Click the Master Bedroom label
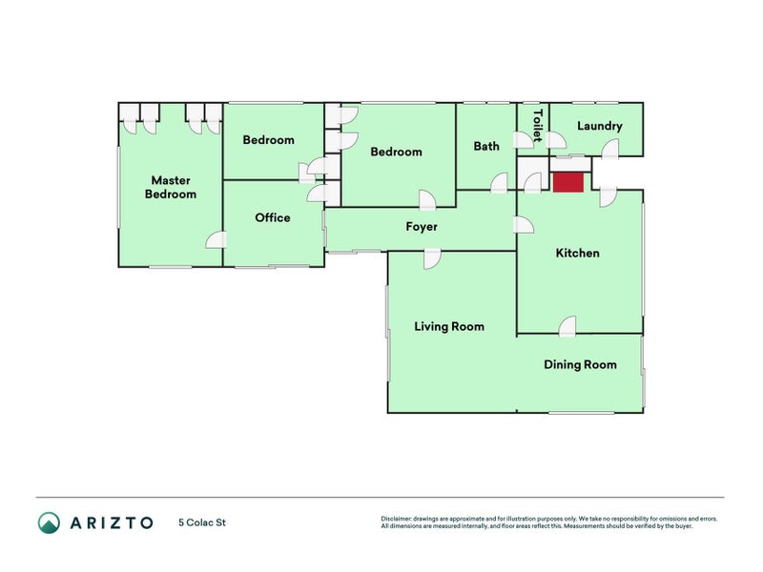(171, 187)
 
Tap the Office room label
(273, 217)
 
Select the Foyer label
(422, 227)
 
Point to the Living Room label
(449, 326)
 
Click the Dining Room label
(580, 365)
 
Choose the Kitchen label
(578, 253)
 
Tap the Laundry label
(600, 126)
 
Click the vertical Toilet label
(538, 126)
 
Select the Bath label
(486, 146)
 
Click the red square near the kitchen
(567, 182)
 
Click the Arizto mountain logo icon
(50, 522)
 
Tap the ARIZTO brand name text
(112, 522)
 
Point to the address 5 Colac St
(202, 522)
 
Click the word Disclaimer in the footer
(396, 519)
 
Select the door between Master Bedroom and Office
(217, 240)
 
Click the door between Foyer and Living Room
(432, 258)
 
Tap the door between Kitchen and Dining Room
(567, 326)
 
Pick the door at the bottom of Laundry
(610, 149)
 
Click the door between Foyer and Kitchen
(524, 226)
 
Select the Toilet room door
(524, 139)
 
